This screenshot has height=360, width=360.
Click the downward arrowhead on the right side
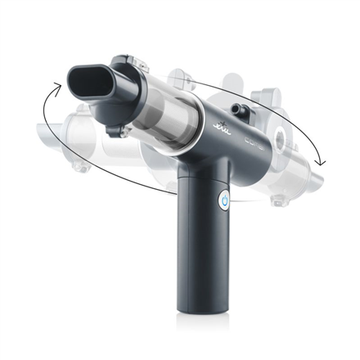[322, 160]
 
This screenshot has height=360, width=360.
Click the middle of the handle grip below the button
[204, 254]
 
